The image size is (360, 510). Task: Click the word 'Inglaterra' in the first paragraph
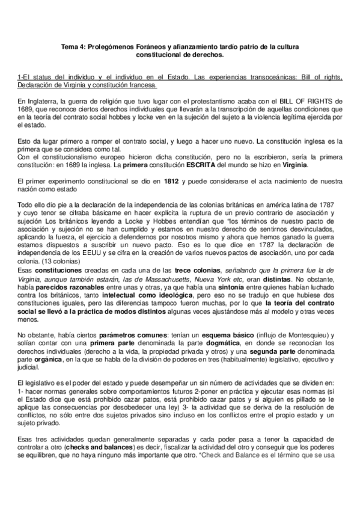coord(43,100)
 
